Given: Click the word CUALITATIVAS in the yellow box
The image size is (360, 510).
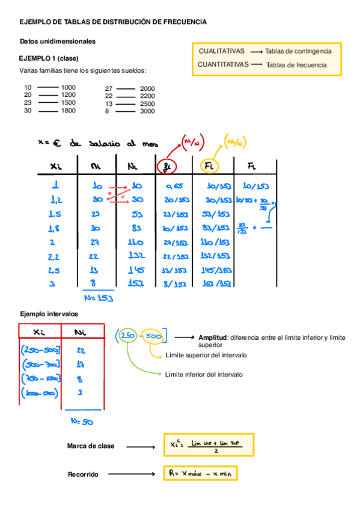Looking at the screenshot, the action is click(221, 52).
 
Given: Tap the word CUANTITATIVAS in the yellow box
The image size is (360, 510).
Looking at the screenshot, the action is click(223, 64).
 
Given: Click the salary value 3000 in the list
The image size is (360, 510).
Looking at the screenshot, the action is click(147, 111).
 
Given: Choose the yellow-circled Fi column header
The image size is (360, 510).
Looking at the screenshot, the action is click(209, 166).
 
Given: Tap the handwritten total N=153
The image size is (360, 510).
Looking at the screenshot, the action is click(98, 296).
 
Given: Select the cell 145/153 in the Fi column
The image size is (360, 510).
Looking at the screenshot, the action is click(218, 269).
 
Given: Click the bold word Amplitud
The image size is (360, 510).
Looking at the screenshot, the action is click(212, 338).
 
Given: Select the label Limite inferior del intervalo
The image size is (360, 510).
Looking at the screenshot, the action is click(204, 374).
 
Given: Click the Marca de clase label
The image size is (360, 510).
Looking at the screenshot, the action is click(91, 446).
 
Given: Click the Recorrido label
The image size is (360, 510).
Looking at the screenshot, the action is click(84, 475).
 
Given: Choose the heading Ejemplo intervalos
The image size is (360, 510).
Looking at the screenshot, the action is click(49, 314).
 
